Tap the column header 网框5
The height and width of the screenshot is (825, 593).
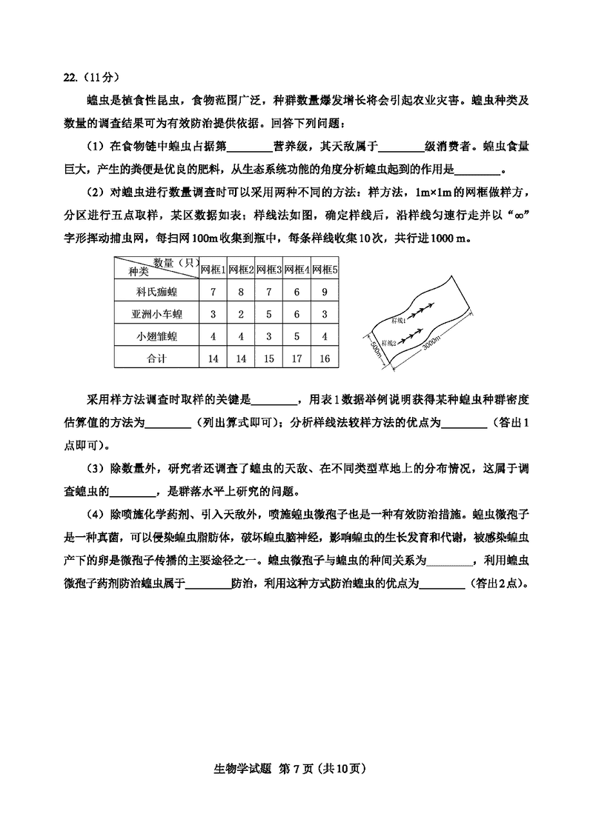(325, 270)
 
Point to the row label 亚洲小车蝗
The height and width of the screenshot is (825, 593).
(156, 315)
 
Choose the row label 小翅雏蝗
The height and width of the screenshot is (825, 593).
(156, 337)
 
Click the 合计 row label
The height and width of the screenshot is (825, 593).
(156, 359)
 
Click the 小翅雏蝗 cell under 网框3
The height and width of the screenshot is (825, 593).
(268, 337)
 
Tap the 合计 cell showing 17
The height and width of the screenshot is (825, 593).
(296, 359)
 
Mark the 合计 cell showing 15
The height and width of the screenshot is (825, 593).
(268, 359)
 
